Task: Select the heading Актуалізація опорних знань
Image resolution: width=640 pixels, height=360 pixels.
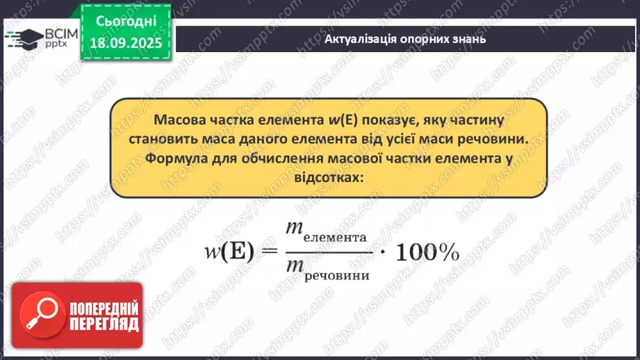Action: [405, 38]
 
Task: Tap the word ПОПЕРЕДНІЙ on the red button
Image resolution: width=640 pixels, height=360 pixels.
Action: [104, 309]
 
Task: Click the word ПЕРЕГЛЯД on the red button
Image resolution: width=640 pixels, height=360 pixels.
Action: [104, 325]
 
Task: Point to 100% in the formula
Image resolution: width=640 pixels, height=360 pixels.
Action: [427, 253]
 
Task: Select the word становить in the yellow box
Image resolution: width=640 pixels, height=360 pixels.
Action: [159, 139]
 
